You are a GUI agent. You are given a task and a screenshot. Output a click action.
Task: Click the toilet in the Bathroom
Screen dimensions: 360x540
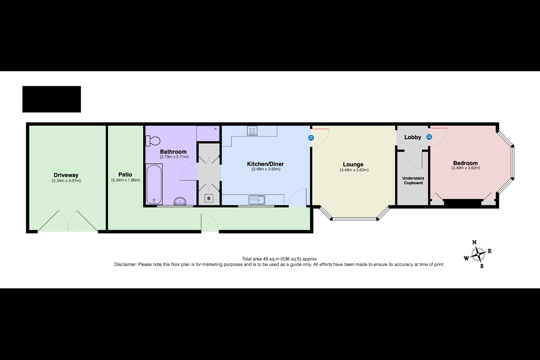[x=153, y=141]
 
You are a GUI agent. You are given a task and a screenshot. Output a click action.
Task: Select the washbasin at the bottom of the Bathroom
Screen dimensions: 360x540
[x=181, y=201]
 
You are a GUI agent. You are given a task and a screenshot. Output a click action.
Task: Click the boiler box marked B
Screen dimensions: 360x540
[x=209, y=198]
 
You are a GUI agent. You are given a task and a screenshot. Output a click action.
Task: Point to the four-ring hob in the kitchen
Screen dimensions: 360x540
[x=252, y=131]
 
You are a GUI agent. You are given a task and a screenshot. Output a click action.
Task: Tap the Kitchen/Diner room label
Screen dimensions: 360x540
[x=265, y=164]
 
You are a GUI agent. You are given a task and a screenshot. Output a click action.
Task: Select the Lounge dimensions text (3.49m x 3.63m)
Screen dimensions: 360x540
[x=354, y=170]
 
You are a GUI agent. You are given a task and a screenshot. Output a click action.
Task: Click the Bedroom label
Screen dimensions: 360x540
[x=465, y=163]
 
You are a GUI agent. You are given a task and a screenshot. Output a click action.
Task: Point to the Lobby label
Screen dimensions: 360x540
[x=412, y=137]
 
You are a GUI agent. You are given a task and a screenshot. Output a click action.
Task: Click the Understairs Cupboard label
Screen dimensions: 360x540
[x=413, y=180]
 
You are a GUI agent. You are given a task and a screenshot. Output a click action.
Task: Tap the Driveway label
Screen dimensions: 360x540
[x=66, y=175]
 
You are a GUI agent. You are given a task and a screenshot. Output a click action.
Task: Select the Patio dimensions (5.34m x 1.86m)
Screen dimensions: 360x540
[x=125, y=180]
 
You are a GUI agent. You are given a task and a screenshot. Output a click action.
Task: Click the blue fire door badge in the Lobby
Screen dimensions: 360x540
[x=429, y=137]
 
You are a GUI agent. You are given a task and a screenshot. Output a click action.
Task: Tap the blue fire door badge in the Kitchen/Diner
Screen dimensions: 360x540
[x=311, y=138]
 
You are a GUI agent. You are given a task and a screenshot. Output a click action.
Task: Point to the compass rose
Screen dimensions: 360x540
[x=478, y=256]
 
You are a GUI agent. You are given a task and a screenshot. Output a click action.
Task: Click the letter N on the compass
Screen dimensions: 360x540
[x=474, y=243]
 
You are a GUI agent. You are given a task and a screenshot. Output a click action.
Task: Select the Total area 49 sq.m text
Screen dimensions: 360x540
[x=279, y=259]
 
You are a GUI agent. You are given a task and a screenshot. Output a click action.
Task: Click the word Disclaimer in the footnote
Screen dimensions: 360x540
[x=125, y=264]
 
